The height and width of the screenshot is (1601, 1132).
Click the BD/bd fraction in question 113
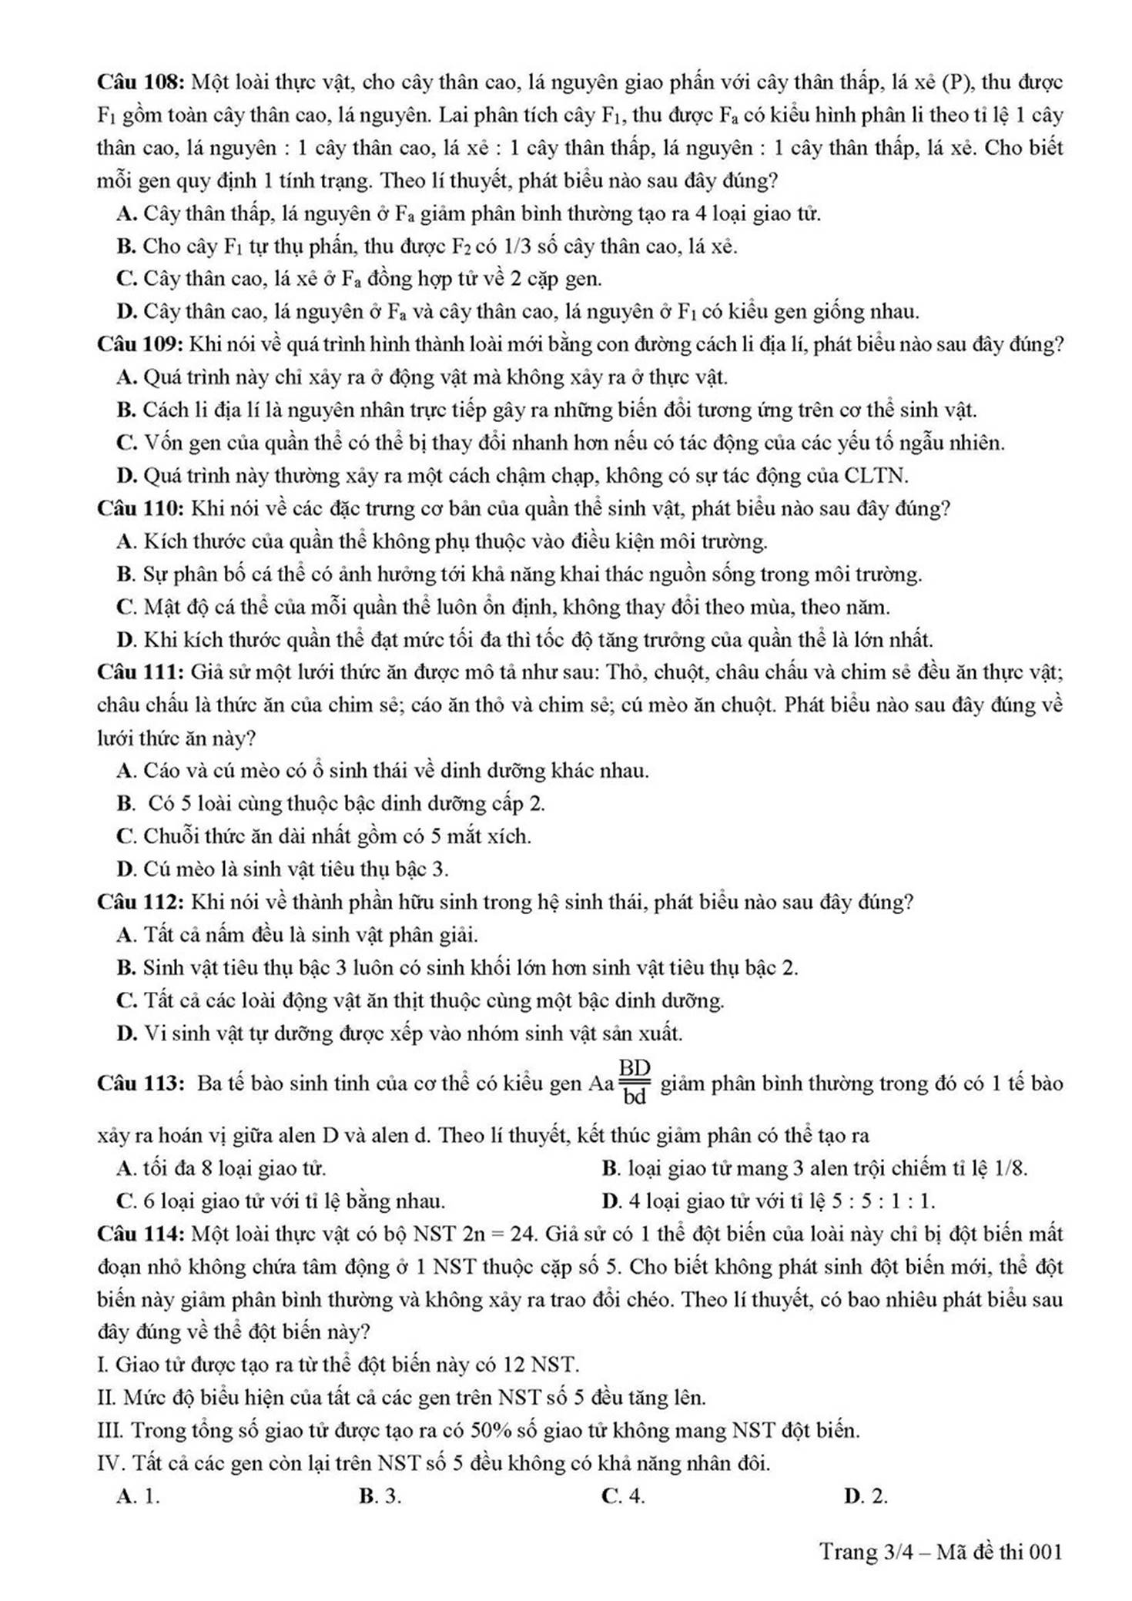[635, 1083]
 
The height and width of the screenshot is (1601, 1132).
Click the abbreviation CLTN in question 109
[876, 476]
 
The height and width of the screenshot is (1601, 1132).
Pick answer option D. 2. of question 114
[866, 1496]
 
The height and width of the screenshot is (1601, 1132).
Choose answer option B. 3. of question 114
[380, 1496]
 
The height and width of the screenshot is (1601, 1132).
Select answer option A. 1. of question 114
[138, 1496]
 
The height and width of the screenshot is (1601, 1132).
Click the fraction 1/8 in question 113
[1010, 1168]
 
